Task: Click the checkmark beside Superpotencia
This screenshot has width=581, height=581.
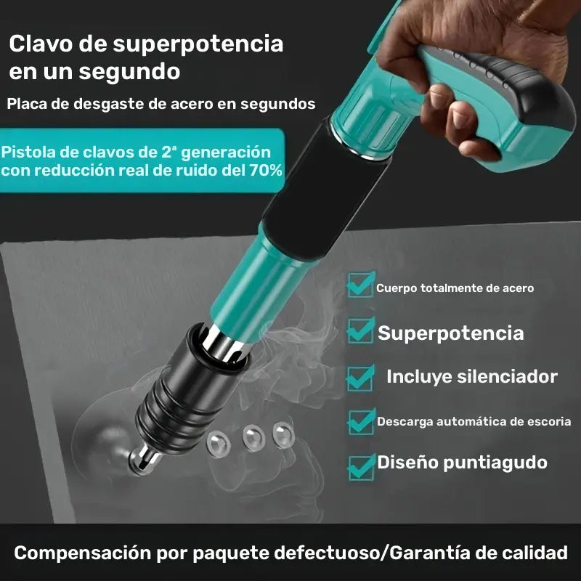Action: click(361, 330)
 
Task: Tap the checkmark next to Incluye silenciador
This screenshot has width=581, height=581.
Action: click(361, 375)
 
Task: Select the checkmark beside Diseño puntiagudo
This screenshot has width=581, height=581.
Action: click(361, 465)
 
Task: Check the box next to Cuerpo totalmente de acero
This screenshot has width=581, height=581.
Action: click(361, 284)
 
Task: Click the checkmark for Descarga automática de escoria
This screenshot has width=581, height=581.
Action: click(361, 420)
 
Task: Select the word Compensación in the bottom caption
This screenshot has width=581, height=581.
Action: click(79, 553)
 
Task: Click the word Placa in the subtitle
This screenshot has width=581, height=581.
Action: click(27, 103)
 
